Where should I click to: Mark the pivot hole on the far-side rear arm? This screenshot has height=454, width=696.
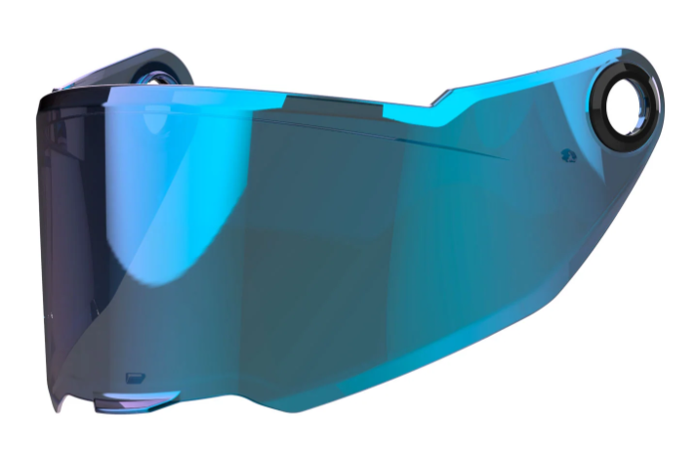coord(156,70)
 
